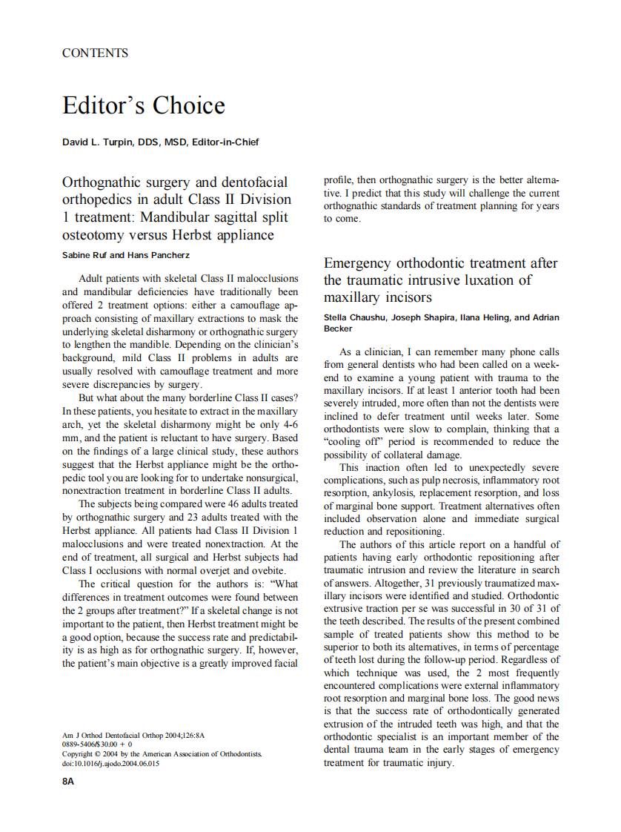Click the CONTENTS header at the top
tap(95, 53)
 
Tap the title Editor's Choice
tap(143, 105)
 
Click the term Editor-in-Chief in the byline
tap(225, 142)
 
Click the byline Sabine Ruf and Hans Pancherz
tap(126, 256)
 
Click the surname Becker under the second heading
tap(338, 328)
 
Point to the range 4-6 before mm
tap(290, 425)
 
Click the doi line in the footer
tap(110, 764)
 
